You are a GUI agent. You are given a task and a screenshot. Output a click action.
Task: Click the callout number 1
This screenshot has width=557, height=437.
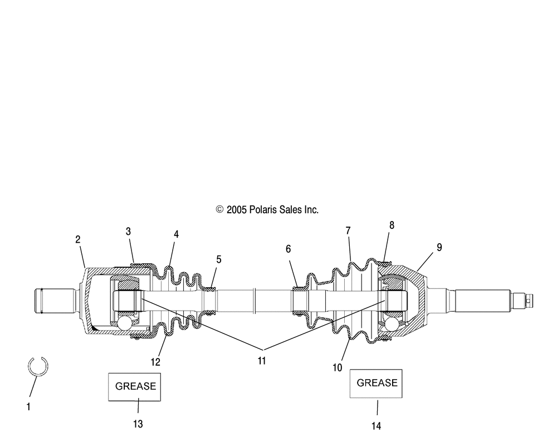(28, 407)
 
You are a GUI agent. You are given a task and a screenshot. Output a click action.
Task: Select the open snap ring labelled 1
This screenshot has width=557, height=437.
(38, 366)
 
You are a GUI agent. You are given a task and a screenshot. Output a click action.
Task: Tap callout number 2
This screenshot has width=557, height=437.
(78, 239)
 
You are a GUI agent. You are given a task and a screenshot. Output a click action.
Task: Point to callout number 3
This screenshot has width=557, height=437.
(128, 231)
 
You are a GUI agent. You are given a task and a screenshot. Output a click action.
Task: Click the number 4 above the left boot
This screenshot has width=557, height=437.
(176, 234)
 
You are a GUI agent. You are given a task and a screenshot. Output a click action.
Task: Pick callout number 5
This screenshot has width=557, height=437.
(219, 259)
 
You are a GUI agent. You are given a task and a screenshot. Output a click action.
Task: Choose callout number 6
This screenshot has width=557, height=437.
(288, 249)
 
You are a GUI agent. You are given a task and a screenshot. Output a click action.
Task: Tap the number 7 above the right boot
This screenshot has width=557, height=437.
(348, 230)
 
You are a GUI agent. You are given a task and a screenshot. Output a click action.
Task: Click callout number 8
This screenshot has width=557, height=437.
(392, 225)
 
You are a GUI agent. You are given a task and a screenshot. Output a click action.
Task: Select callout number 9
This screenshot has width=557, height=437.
(439, 247)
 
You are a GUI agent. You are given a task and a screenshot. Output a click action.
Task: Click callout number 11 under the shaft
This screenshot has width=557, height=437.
(261, 361)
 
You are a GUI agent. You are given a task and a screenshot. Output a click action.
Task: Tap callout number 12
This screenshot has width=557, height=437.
(155, 362)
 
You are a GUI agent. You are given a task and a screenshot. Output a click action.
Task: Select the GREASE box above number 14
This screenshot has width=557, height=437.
(376, 383)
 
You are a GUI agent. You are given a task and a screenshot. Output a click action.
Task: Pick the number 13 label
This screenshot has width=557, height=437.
(138, 424)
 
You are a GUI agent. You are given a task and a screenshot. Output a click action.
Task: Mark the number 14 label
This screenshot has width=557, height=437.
(376, 426)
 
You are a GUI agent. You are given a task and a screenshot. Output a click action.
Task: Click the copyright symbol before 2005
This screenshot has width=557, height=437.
(219, 210)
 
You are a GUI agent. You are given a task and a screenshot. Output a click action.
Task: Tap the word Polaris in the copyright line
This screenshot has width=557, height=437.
(262, 210)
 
